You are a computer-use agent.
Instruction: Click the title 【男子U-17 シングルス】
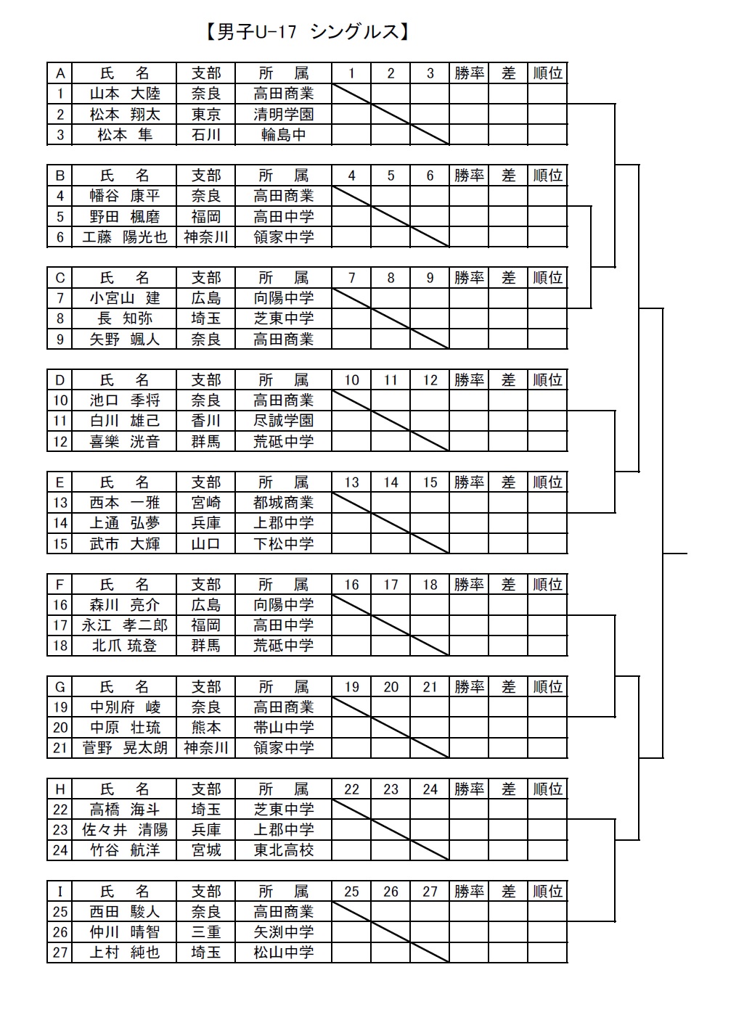[308, 32]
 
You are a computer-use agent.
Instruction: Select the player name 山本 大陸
[125, 94]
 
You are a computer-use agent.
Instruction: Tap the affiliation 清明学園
[283, 114]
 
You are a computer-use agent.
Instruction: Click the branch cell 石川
[206, 134]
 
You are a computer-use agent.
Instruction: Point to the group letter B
[60, 176]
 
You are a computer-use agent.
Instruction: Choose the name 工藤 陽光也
[125, 237]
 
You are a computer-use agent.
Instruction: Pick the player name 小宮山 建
[125, 298]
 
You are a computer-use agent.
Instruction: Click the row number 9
[60, 340]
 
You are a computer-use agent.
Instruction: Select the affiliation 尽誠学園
[283, 420]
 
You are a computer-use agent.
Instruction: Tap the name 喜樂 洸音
[125, 441]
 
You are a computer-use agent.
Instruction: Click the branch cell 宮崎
[206, 502]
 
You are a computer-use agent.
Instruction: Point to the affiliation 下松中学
[283, 543]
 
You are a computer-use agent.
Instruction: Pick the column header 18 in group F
[430, 584]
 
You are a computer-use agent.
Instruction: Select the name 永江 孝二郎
[125, 625]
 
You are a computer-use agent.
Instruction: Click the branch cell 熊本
[206, 727]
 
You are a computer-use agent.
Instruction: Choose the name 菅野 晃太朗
[125, 748]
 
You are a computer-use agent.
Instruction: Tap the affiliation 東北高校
[283, 850]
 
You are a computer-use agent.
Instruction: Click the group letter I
[60, 891]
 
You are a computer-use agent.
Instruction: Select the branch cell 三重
[206, 932]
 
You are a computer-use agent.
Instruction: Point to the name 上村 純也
[125, 952]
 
